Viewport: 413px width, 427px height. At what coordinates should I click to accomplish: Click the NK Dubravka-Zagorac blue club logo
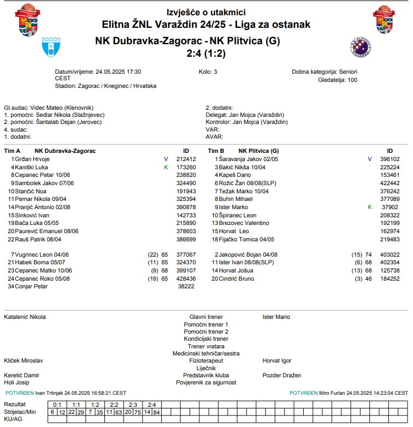click(51, 48)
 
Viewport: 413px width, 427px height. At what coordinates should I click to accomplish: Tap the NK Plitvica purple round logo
click(361, 48)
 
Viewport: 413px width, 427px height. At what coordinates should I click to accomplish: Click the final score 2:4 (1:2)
click(206, 54)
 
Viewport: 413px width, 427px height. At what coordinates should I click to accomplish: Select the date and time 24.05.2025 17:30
click(119, 72)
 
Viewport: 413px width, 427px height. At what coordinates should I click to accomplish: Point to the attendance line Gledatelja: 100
click(337, 80)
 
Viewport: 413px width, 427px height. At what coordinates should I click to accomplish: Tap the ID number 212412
click(186, 159)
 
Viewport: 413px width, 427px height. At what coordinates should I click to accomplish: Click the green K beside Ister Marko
click(369, 207)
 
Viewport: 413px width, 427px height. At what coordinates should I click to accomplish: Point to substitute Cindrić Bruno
click(237, 278)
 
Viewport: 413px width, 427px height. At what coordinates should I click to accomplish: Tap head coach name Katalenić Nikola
click(25, 317)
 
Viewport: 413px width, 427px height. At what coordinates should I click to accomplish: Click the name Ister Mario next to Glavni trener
click(276, 317)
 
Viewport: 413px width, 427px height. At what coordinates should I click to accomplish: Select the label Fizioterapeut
click(206, 360)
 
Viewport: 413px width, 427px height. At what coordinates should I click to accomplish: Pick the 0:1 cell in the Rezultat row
click(57, 405)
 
